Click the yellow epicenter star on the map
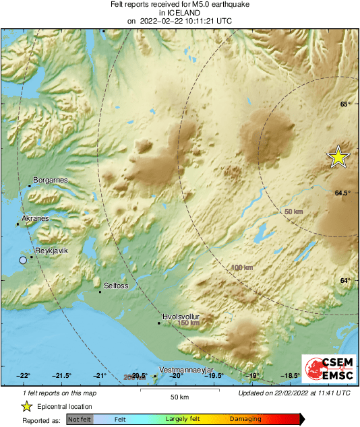point(338,156)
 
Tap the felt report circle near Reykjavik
point(23,260)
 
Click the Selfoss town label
point(116,286)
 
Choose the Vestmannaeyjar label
point(185,370)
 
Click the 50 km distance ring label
point(293,212)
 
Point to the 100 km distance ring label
point(241,268)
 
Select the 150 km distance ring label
point(189,323)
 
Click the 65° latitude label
point(344,104)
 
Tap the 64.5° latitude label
point(342,193)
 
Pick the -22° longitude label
point(24,376)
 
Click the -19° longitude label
point(253,376)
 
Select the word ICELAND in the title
point(179,12)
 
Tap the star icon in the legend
point(26,406)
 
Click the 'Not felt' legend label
point(79,419)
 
